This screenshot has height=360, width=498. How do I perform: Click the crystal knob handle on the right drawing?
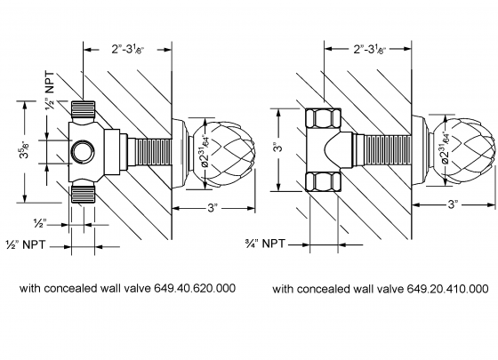(x=467, y=148)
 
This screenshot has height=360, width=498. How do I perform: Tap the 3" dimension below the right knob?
(x=453, y=204)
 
